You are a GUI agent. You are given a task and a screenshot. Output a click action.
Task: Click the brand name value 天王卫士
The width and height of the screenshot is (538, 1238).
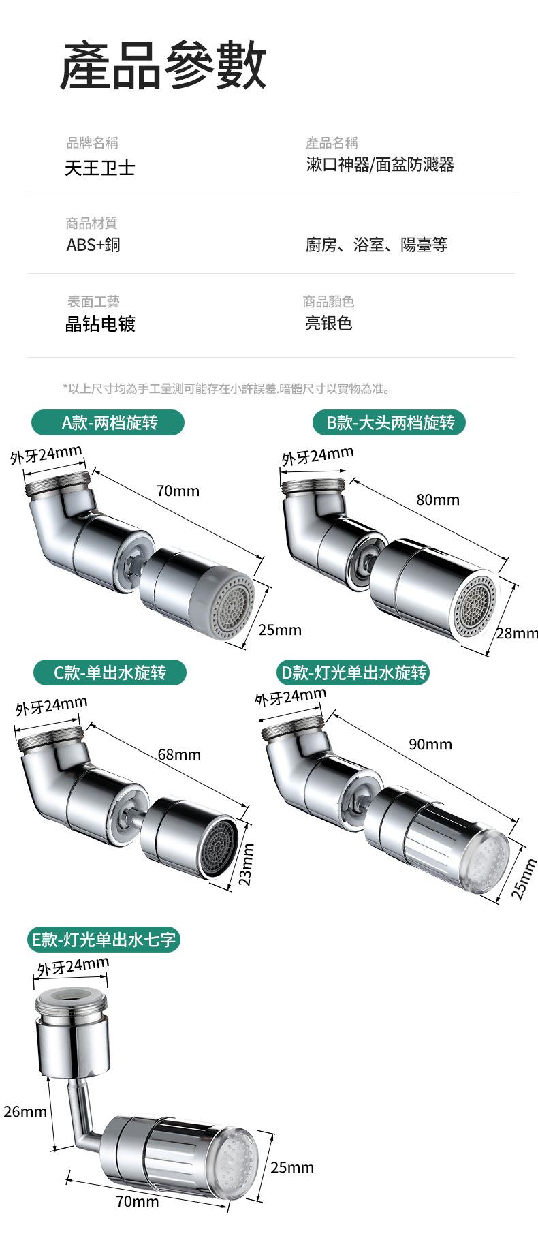pyautogui.click(x=100, y=168)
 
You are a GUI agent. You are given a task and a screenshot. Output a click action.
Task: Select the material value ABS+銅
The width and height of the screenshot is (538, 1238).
pyautogui.click(x=93, y=245)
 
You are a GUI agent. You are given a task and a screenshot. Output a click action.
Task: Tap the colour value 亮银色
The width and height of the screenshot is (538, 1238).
pyautogui.click(x=328, y=323)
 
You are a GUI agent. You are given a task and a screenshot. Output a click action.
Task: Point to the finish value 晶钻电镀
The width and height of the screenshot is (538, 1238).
pyautogui.click(x=100, y=324)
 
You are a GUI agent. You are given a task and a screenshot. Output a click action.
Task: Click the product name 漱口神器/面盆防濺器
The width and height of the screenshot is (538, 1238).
pyautogui.click(x=380, y=165)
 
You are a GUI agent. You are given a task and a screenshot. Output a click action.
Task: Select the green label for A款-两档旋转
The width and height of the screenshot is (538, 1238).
pyautogui.click(x=108, y=422)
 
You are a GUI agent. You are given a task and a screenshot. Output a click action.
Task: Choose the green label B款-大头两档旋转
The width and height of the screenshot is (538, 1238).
pyautogui.click(x=390, y=422)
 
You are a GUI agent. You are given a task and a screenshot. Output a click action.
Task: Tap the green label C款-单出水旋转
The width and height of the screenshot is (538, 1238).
pyautogui.click(x=110, y=673)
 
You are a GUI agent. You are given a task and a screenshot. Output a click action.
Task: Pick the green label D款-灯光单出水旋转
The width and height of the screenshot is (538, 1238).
pyautogui.click(x=353, y=673)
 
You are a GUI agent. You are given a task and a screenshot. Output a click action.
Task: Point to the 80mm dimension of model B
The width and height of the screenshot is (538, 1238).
pyautogui.click(x=438, y=500)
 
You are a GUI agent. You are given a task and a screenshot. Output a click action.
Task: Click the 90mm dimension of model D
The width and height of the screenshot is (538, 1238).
pyautogui.click(x=430, y=744)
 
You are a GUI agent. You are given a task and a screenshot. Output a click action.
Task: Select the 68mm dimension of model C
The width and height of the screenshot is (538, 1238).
pyautogui.click(x=179, y=754)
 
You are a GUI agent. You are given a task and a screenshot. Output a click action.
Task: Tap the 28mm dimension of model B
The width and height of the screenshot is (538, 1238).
pyautogui.click(x=517, y=634)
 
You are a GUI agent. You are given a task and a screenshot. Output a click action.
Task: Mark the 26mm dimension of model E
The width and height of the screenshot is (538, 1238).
pyautogui.click(x=25, y=1112)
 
